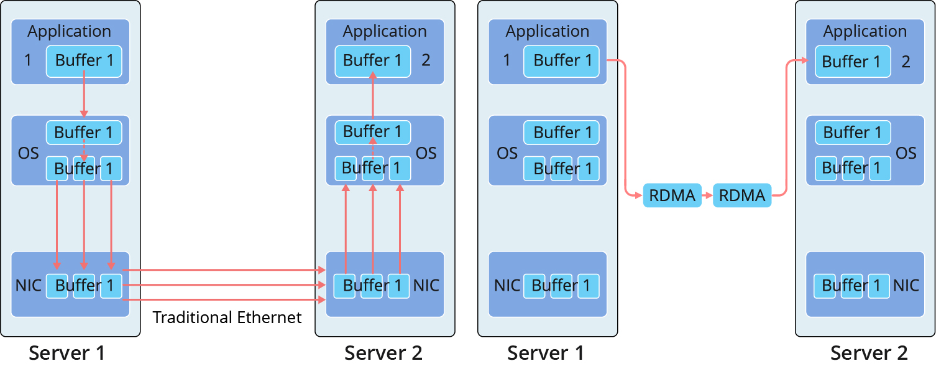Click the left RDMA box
click(x=672, y=195)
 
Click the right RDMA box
click(x=741, y=195)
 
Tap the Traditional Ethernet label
click(x=227, y=317)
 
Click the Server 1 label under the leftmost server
click(x=67, y=353)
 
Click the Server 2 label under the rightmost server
click(x=869, y=353)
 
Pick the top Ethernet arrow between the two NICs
click(x=224, y=270)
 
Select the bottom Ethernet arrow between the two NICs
click(x=224, y=300)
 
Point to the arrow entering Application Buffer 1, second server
click(x=373, y=93)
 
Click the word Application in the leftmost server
click(x=69, y=31)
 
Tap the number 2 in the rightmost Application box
click(x=906, y=62)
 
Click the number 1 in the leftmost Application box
click(x=27, y=60)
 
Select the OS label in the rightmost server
click(x=906, y=153)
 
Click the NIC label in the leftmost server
click(x=28, y=286)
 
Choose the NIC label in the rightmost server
click(x=906, y=286)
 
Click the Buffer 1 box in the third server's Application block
click(x=562, y=61)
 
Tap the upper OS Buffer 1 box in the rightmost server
click(x=852, y=133)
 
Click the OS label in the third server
click(x=507, y=153)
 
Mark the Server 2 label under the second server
click(x=383, y=353)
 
